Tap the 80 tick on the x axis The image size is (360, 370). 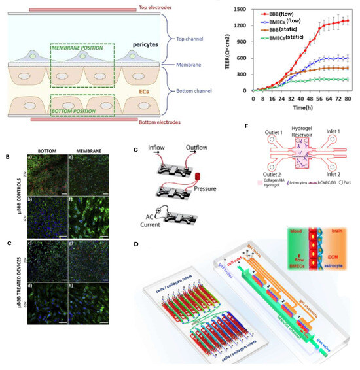349,97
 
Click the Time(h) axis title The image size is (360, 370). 301,107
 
